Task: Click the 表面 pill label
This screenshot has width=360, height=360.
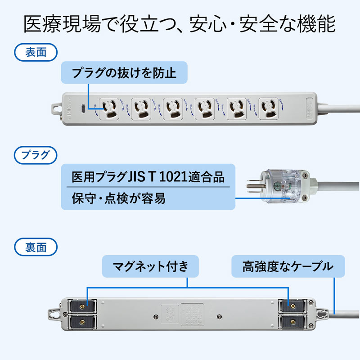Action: (36, 52)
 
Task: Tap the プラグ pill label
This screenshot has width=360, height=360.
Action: (36, 156)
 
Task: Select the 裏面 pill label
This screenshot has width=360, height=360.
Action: (36, 247)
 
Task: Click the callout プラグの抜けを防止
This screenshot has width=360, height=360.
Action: (124, 73)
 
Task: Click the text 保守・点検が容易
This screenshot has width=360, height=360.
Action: (118, 198)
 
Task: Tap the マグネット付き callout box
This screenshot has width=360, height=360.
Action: (151, 267)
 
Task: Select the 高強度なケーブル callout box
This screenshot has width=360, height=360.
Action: (288, 267)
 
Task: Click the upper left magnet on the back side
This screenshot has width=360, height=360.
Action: (82, 306)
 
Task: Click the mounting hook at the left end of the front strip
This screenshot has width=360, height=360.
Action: (56, 108)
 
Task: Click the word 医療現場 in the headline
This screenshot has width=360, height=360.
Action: (54, 24)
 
